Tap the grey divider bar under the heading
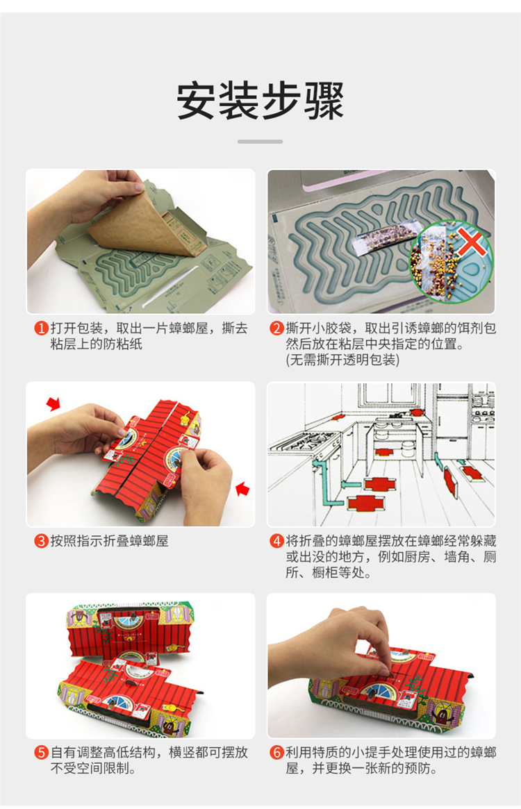coord(260,142)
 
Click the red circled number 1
coord(42,328)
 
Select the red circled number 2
coord(277,328)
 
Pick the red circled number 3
coord(42,541)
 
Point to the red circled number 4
coord(277,541)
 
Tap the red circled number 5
coord(42,752)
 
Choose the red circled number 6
coord(277,752)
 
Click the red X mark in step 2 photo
coord(470,244)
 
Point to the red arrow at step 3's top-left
coord(53,403)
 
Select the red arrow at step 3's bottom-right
coord(242,489)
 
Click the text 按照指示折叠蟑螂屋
coord(110,541)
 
